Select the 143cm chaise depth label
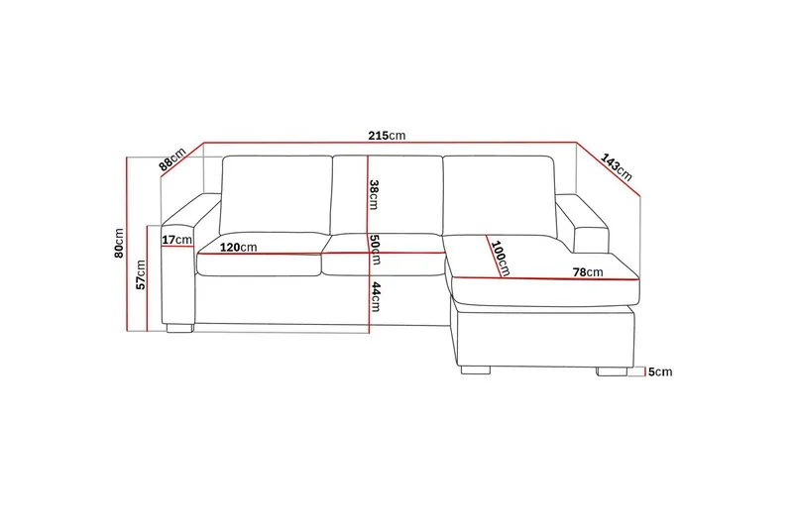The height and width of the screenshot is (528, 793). click(x=616, y=165)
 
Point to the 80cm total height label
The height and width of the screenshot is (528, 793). click(x=119, y=243)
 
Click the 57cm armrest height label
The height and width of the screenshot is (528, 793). click(x=142, y=274)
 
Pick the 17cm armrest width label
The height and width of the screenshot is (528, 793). click(x=176, y=240)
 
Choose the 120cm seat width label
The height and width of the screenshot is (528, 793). click(x=239, y=247)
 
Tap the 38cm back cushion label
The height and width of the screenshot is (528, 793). click(x=374, y=193)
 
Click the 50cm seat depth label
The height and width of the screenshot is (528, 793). click(x=375, y=250)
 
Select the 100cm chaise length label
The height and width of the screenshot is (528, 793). click(x=498, y=258)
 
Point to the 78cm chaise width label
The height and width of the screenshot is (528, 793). click(x=588, y=271)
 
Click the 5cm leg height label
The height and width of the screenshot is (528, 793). click(x=660, y=372)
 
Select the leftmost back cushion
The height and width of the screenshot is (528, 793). click(x=276, y=193)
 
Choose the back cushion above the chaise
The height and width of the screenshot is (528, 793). click(x=498, y=195)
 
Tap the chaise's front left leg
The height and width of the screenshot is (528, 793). click(x=476, y=371)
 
